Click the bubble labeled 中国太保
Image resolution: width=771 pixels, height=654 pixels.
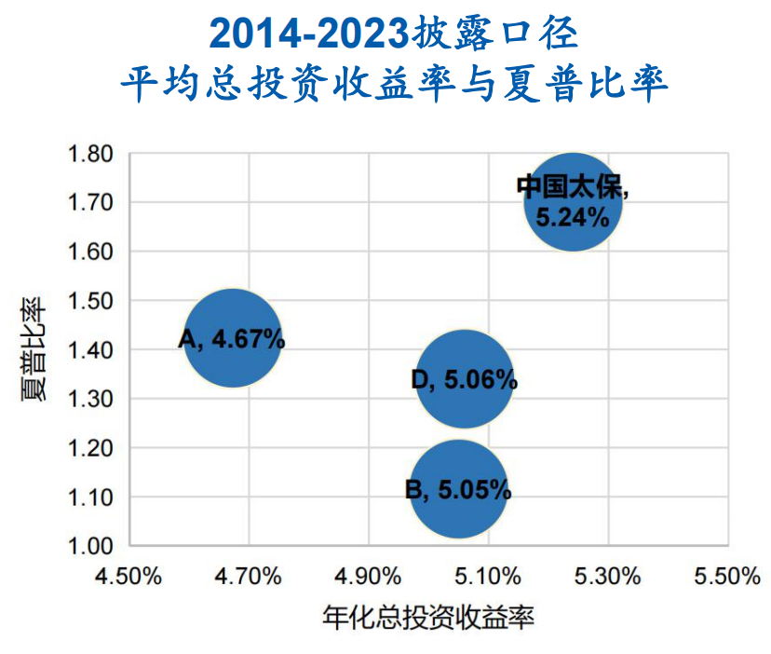[x=573, y=202]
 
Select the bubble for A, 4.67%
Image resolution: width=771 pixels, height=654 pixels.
[x=233, y=338]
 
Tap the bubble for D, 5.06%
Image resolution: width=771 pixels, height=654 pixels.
[x=465, y=379]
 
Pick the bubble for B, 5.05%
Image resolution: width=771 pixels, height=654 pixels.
[x=459, y=489]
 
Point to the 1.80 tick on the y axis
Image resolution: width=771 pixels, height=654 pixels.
[x=90, y=153]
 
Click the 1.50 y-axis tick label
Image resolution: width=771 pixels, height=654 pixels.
[x=90, y=301]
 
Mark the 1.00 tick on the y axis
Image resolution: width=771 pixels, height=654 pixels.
[x=90, y=546]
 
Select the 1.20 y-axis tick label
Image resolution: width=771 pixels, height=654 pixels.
[x=90, y=448]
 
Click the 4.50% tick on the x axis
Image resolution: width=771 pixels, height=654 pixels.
[x=128, y=576]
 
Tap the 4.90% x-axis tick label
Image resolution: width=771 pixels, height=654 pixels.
[x=368, y=576]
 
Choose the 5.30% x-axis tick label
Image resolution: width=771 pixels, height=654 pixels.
[x=607, y=576]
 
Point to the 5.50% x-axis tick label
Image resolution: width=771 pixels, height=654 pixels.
[x=726, y=576]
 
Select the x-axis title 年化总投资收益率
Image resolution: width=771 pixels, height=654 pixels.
[x=428, y=619]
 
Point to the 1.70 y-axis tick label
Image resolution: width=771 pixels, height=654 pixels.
[x=90, y=202]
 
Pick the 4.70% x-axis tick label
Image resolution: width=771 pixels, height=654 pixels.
[x=248, y=576]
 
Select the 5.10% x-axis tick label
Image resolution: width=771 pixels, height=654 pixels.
[x=487, y=576]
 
